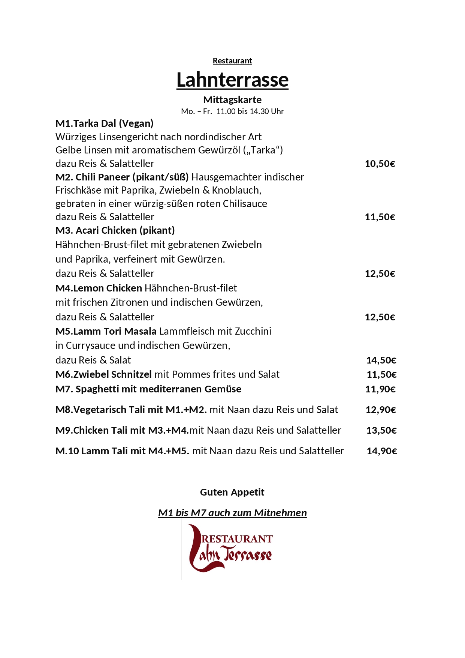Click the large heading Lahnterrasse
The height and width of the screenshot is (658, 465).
point(232,80)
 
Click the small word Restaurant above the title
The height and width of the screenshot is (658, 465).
point(232,61)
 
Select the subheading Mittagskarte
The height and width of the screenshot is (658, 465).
point(232,100)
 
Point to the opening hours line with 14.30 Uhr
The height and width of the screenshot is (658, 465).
point(232,111)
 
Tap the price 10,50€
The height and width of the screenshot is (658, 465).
point(380,164)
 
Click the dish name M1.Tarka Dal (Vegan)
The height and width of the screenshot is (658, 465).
point(105,123)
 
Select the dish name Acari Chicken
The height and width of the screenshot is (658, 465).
point(106,230)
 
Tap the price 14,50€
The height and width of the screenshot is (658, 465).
point(381,361)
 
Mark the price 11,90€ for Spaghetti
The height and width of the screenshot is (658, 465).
point(380,389)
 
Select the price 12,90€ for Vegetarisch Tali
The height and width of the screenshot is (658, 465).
point(381,410)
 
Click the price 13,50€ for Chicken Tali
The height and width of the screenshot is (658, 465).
point(381,431)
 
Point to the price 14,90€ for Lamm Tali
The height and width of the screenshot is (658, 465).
point(381,451)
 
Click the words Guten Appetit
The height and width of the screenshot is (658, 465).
point(232,492)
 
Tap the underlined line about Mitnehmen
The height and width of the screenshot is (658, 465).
point(232,513)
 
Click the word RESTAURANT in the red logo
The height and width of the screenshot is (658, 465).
point(237,539)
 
